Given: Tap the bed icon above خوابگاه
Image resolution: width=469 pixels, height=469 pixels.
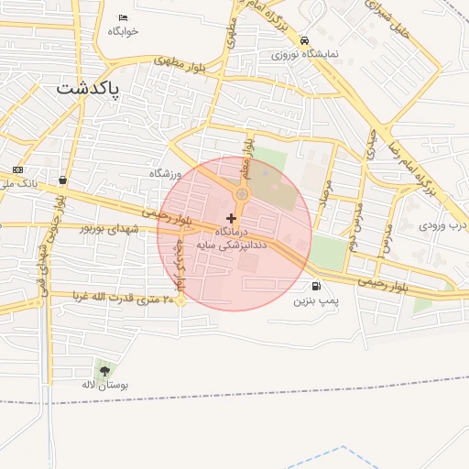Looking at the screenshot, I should pos(124,18).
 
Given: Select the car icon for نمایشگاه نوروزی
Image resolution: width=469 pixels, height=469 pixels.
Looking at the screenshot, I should pos(303,40).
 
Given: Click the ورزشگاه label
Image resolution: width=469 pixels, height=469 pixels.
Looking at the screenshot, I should pos(167,173).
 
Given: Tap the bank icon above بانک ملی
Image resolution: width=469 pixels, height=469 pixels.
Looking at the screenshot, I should pos(17,170).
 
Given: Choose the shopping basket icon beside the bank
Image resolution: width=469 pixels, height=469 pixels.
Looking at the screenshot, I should pos(61,180).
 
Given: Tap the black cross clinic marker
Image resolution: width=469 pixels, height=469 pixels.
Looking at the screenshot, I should pos(230,218).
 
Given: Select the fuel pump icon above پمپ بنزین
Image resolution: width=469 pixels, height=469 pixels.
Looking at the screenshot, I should pos(316,286).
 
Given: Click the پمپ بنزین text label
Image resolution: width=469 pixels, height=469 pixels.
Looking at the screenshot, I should pos(316,300).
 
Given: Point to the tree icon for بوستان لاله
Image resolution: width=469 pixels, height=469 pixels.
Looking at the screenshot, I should pos(105,371).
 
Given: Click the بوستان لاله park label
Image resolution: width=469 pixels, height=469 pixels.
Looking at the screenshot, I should pos(105,386).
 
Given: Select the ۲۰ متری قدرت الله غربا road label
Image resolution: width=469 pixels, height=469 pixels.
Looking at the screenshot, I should pos(120,298).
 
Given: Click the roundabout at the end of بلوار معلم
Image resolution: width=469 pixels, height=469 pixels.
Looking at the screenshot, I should pos(242,194).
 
